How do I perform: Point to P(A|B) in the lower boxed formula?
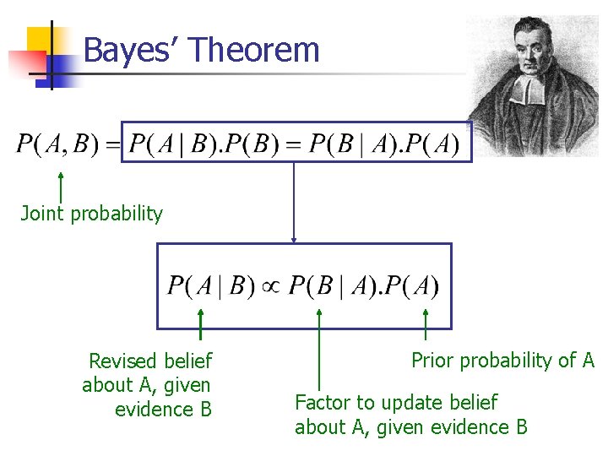click(x=210, y=285)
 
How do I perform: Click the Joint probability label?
click(x=91, y=214)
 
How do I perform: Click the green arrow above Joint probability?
click(x=61, y=186)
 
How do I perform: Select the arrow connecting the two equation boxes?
click(x=294, y=203)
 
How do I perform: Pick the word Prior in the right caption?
click(x=431, y=361)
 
